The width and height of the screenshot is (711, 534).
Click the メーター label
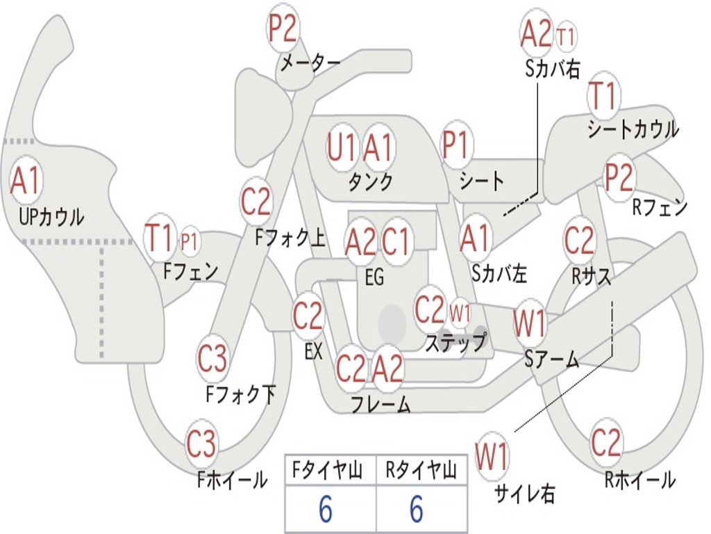tap(310, 63)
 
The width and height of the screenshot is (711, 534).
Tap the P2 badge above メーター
tap(283, 29)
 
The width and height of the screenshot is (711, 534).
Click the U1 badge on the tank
tap(342, 147)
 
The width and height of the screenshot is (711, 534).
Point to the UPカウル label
tap(51, 218)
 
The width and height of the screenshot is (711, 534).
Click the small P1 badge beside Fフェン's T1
tap(189, 241)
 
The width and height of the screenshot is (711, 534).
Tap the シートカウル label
tap(633, 130)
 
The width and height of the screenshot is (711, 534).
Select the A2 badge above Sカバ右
tap(536, 33)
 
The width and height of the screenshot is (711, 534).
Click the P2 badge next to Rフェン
tap(619, 178)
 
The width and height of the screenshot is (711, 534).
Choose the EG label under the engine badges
tap(374, 278)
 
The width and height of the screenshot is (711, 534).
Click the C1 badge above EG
tap(396, 242)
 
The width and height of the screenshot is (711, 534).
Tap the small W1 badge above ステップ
tap(460, 311)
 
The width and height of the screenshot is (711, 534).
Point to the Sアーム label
tap(552, 359)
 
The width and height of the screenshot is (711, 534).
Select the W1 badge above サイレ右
tap(492, 457)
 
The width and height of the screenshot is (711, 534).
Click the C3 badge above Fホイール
tap(201, 444)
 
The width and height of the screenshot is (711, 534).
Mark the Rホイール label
tap(639, 479)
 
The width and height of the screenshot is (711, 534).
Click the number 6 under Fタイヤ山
tap(326, 510)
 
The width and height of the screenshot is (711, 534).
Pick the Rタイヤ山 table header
tap(421, 472)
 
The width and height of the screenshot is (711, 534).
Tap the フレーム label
tap(380, 405)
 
